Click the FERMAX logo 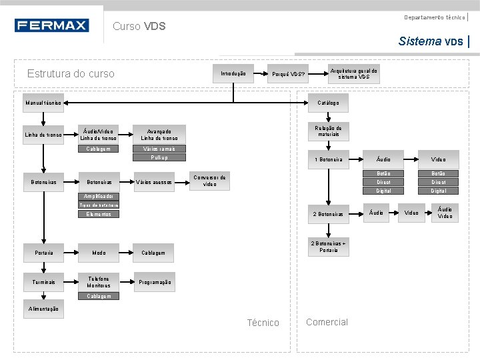coord(51,26)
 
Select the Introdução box coord(233,73)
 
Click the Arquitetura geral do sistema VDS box coord(353,74)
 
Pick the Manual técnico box coord(43,103)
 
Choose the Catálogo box coord(328,103)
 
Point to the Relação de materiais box coord(328,131)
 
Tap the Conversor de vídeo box coord(209,181)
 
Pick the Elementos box coord(99,215)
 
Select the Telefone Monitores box coord(99,282)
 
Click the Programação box coord(153,282)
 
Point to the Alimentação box coord(43,309)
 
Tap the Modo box coord(99,253)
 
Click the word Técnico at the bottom coord(263,323)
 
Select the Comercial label coord(327,322)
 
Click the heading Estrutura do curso coord(71,74)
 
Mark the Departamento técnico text coord(435,17)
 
